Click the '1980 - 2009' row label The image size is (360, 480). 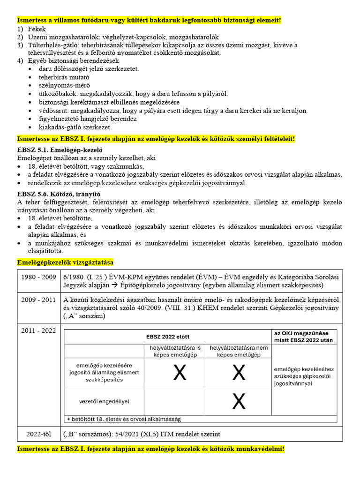pos(39,277)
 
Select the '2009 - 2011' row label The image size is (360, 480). pos(39,300)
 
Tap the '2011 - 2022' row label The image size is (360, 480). pos(39,331)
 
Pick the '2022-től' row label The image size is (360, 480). pos(39,434)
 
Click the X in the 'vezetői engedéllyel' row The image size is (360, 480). pos(239,401)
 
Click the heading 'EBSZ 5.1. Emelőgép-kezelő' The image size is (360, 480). pos(60,150)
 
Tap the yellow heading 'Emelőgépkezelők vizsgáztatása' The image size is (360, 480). pos(65,262)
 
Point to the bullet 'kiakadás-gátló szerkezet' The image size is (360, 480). pos(75,127)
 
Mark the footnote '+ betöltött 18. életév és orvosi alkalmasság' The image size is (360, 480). pos(124,419)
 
